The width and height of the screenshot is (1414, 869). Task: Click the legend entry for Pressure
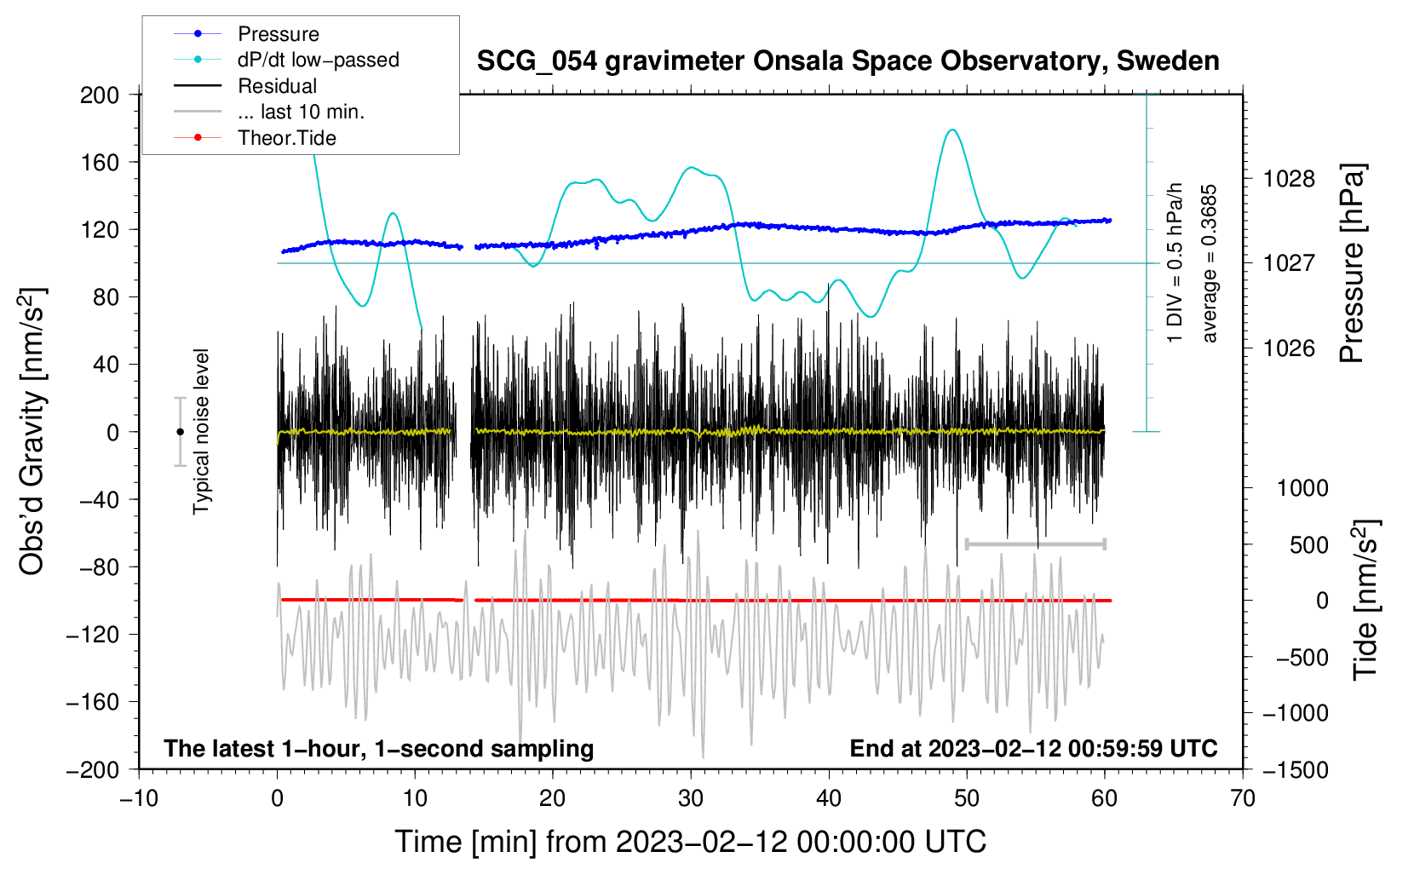278,34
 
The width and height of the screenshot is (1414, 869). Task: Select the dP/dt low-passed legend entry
318,60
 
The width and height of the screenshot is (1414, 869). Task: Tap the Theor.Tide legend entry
286,138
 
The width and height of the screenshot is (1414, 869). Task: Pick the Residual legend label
277,86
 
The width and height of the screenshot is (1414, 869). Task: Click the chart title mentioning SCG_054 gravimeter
848,61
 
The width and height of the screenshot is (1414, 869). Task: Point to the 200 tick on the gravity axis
100,95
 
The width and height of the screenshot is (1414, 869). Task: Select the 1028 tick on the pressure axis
1289,179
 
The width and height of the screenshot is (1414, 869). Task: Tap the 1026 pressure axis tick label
1289,348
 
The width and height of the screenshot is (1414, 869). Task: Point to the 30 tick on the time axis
691,798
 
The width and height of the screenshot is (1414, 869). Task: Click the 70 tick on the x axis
1243,798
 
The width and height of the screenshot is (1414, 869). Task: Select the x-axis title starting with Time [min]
691,842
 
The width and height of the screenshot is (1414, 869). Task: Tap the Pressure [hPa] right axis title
1351,264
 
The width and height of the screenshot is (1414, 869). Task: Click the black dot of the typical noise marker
180,432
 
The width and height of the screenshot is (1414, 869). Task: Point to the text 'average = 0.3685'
1210,264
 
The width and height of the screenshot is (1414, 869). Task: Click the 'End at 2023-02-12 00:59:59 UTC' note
1033,748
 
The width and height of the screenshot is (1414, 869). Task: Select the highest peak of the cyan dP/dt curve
952,129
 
